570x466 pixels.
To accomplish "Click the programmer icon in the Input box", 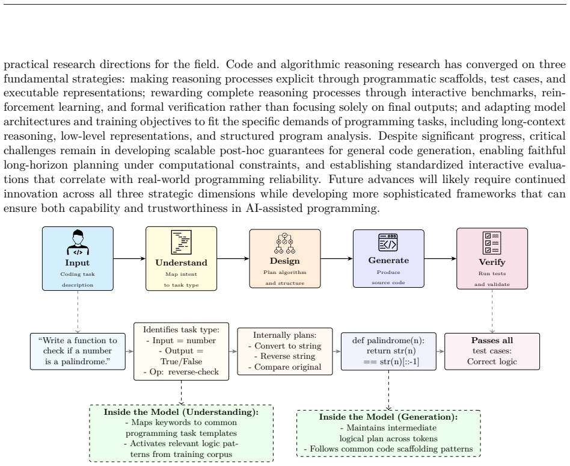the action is pos(78,242).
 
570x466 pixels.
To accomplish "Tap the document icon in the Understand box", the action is pos(182,242).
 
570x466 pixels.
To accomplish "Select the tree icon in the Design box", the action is pos(284,243).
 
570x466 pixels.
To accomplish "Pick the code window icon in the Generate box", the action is pos(388,243).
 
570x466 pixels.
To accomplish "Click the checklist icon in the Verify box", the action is pos(492,243).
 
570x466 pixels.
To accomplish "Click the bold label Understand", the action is pos(182,263).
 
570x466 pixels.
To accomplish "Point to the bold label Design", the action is pos(284,261).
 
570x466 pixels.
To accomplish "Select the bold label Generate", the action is pos(388,260).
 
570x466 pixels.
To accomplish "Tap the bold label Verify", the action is pos(492,262).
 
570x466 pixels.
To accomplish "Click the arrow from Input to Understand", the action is pos(129,258).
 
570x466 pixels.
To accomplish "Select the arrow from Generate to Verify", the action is pos(440,258).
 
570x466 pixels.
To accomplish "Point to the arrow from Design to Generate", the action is pos(337,258).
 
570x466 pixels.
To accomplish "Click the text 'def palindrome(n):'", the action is pos(388,341).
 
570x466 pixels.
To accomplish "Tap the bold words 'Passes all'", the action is pos(492,340).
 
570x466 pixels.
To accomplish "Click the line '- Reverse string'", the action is pos(284,356).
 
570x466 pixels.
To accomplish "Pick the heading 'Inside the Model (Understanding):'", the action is pos(181,412).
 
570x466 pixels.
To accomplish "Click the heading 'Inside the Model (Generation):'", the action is pos(388,417).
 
